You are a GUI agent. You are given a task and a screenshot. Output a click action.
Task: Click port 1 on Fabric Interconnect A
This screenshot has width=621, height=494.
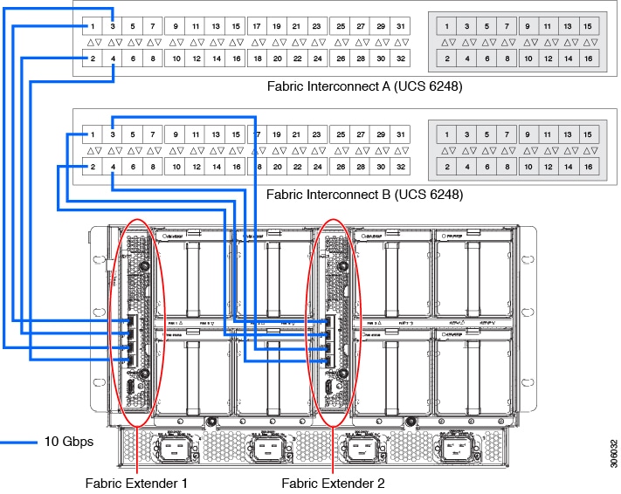tap(93, 27)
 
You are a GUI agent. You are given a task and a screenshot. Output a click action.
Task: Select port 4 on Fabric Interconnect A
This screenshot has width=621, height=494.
tap(114, 58)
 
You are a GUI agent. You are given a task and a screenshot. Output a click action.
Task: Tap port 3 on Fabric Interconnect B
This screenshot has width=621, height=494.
tap(114, 135)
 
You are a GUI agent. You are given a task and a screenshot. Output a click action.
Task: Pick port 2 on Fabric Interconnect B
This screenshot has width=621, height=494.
tap(93, 167)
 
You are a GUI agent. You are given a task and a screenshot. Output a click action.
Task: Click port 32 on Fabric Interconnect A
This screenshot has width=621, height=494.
tap(400, 58)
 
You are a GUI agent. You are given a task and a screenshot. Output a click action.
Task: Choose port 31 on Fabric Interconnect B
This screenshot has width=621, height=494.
tap(400, 135)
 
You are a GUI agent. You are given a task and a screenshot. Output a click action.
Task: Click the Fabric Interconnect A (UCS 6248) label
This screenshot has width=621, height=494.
tap(364, 86)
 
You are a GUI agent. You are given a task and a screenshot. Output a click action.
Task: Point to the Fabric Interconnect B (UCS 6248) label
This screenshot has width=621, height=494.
tap(364, 195)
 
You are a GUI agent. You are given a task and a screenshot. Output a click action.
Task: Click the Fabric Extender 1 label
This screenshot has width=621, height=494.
tap(136, 482)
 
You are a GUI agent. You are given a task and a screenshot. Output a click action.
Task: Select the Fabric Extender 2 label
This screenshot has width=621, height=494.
tap(333, 482)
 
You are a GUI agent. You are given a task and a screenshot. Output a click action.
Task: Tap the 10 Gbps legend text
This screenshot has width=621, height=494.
tap(69, 442)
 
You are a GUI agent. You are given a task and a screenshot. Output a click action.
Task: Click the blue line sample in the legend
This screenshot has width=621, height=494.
tap(17, 442)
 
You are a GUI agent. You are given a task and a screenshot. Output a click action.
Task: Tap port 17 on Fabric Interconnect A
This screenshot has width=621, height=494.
tap(257, 27)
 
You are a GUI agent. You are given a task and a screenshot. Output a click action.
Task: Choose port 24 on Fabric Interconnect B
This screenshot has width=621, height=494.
tap(318, 167)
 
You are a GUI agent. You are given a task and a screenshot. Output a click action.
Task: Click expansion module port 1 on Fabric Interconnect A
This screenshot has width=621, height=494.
tap(447, 27)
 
